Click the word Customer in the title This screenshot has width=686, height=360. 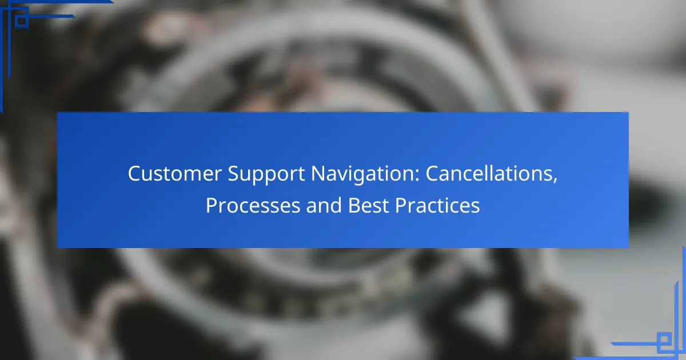pos(174,174)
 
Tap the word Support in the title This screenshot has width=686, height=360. pos(266,175)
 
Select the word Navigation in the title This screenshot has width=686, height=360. pos(363,175)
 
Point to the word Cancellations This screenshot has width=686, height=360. pos(489,174)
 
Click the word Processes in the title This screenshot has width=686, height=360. pos(253,205)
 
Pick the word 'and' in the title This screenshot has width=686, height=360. pos(324,205)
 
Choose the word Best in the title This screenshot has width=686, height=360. pos(368,205)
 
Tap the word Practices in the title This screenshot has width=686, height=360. pos(437,205)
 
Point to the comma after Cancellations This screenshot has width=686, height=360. pos(555,181)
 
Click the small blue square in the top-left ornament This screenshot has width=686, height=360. pos(22,21)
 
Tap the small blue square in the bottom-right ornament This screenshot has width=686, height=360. pos(664,339)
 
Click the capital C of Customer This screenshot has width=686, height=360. pos(135,174)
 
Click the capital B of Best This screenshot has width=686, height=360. pos(354,205)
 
